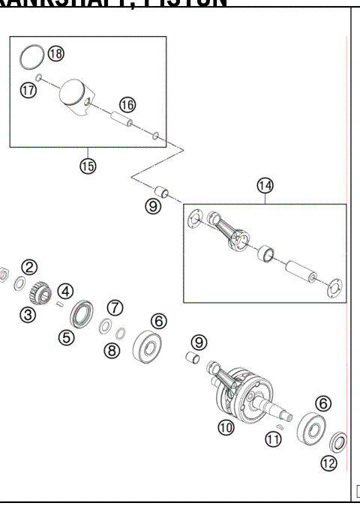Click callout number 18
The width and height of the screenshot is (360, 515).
point(56,53)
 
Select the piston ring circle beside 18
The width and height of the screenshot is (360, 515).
point(32,55)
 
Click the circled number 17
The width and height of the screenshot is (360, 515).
point(28,89)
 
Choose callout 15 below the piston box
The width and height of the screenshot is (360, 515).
point(88,166)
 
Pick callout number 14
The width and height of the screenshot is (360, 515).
point(265,186)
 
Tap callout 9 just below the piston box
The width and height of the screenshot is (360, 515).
point(153,206)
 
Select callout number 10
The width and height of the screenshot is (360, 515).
point(226,427)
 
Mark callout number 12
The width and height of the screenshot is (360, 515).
point(328,463)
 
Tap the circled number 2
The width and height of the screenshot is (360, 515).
point(28,267)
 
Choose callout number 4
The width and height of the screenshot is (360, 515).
point(66,291)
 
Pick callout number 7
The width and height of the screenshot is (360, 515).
point(114,307)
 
